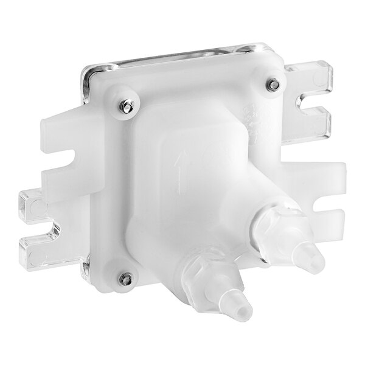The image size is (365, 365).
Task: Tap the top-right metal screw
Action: (275, 85)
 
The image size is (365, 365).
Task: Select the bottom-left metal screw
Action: (125, 279)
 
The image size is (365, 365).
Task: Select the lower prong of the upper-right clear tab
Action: (316, 125)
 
